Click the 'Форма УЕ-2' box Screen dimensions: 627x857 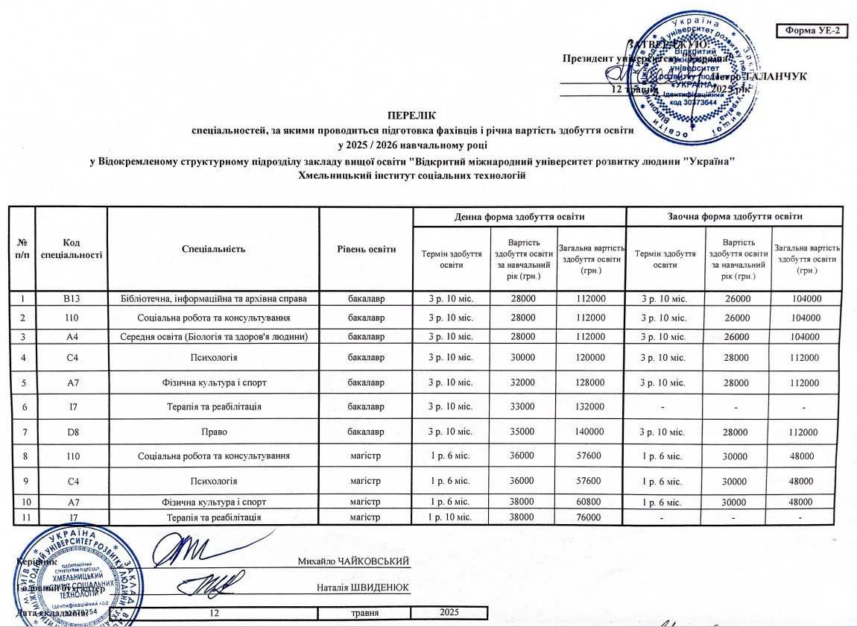[812, 30]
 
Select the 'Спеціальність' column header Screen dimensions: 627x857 [213, 248]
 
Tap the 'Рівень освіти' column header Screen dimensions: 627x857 [366, 248]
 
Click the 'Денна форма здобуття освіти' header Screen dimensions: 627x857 [519, 216]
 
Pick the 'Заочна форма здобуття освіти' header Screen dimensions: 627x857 [734, 216]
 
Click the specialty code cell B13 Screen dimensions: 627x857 [72, 299]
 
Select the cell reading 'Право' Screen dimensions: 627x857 [213, 432]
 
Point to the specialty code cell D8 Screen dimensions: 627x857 [72, 432]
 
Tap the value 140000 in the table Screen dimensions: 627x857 [590, 432]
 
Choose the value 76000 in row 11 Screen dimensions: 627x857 [590, 517]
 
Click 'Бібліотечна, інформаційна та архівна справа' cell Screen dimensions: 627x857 [213, 299]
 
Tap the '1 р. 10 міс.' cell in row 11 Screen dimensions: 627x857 [450, 517]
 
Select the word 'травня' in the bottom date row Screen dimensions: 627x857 [364, 613]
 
